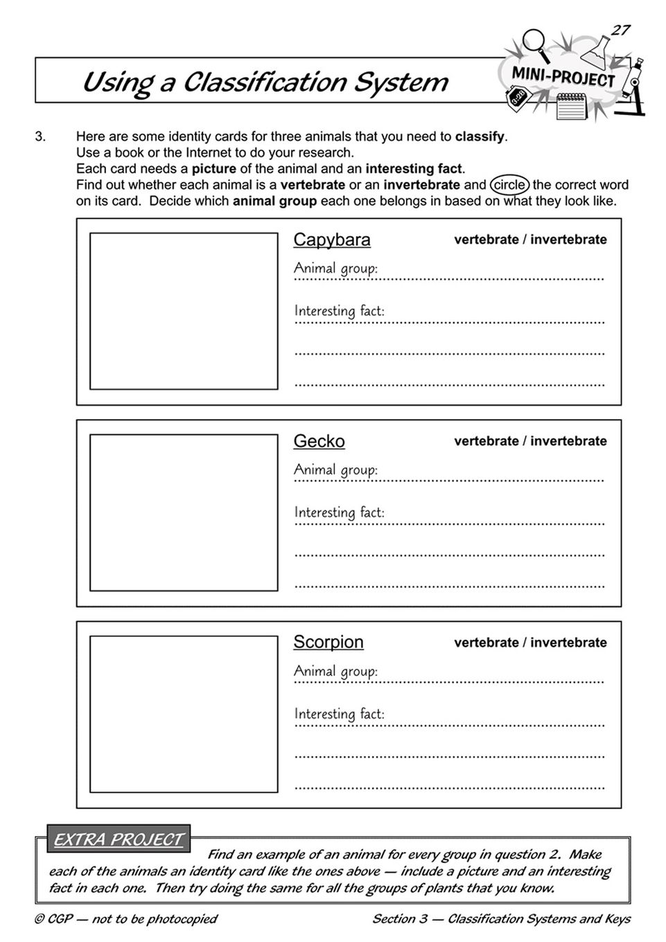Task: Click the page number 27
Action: tap(620, 30)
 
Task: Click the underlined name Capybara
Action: tap(332, 240)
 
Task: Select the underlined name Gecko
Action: tap(319, 441)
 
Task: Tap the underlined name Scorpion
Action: tap(328, 642)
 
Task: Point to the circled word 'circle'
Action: tap(509, 185)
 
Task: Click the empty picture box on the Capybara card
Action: tap(184, 311)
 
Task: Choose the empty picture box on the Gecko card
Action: tap(184, 513)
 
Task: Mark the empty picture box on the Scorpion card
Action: tap(184, 714)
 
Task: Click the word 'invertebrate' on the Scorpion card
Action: tap(568, 643)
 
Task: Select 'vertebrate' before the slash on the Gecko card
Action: tap(486, 441)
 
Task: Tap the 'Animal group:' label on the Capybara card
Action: tap(335, 268)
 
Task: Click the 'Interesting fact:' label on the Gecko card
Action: tap(339, 513)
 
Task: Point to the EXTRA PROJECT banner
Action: tap(119, 839)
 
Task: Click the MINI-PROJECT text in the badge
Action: tap(563, 77)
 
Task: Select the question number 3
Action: tap(40, 136)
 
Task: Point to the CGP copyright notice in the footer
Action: tap(125, 919)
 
